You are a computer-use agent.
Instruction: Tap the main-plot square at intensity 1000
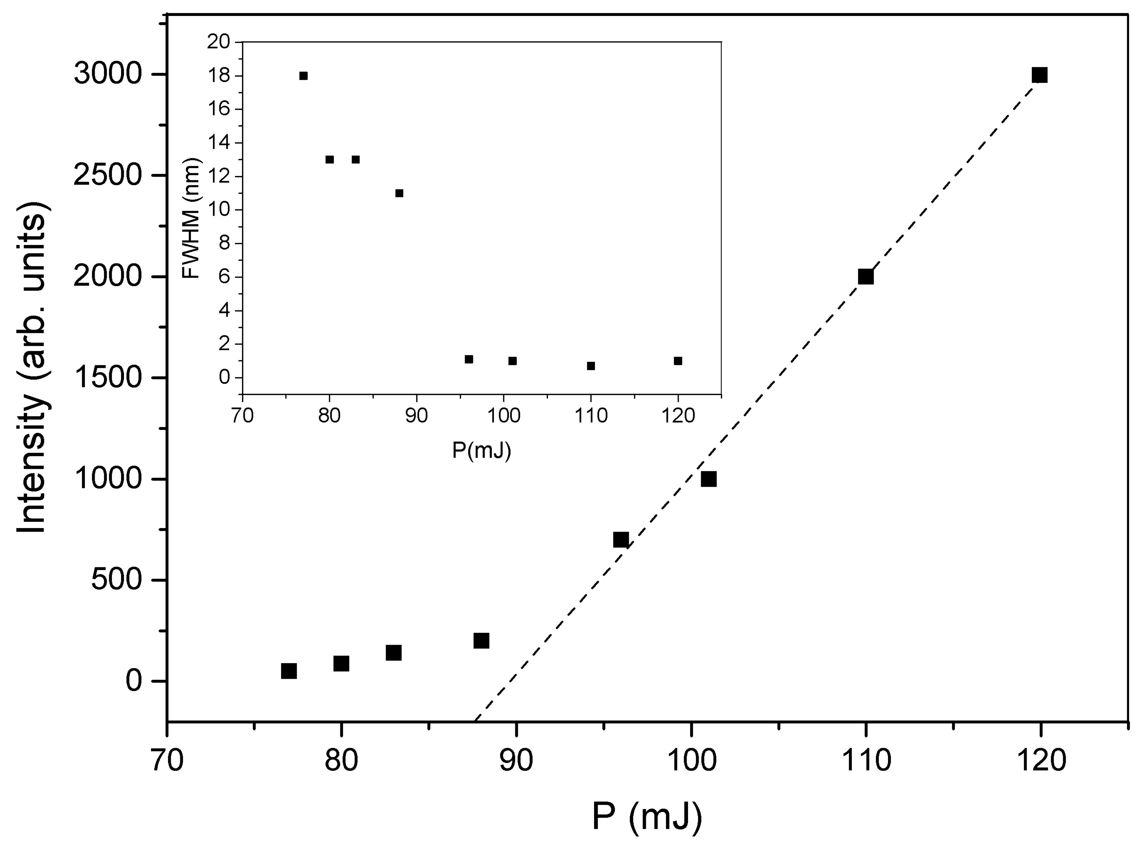click(x=708, y=479)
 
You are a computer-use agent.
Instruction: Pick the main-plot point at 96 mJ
click(x=621, y=540)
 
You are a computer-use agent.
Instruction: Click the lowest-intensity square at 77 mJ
click(x=289, y=671)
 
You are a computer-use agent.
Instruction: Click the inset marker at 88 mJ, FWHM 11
click(x=399, y=193)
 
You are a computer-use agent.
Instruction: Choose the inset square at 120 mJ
click(x=678, y=361)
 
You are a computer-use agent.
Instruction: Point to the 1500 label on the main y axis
click(x=107, y=378)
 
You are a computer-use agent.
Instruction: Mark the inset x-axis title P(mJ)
click(x=481, y=451)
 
